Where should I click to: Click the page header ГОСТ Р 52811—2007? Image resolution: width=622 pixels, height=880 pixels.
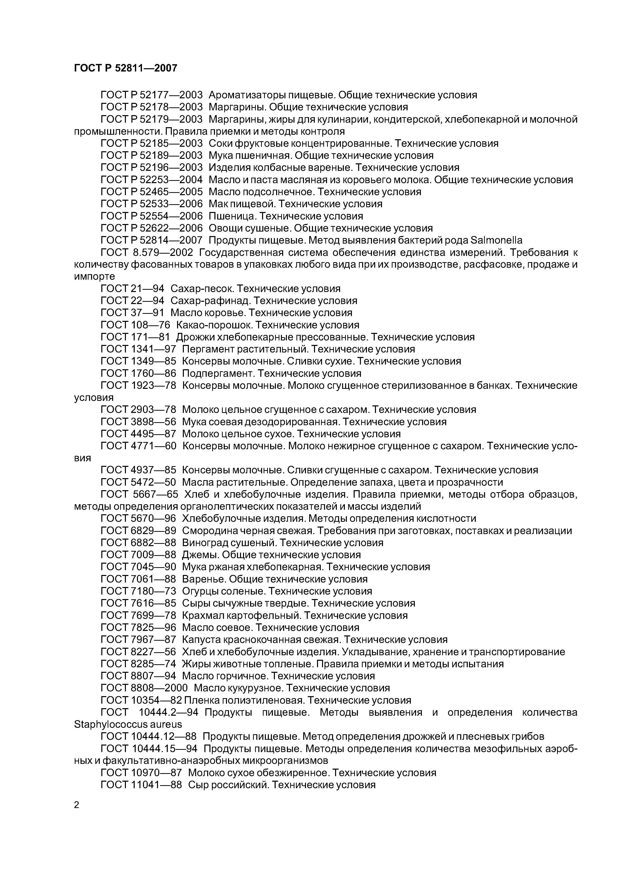coord(125,68)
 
